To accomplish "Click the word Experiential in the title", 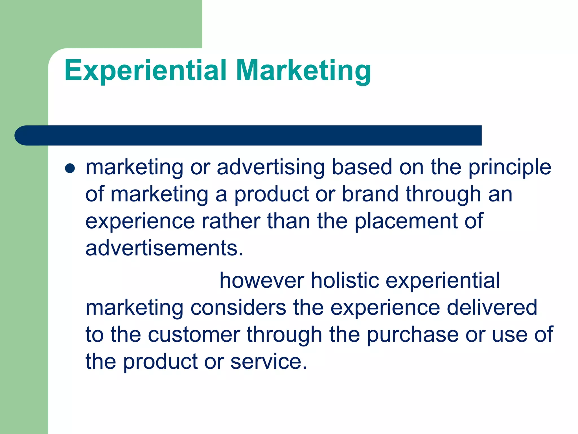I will [x=145, y=71].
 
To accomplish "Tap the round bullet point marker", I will [x=70, y=168].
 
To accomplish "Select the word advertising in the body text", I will [x=271, y=167].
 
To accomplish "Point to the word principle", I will [x=510, y=167].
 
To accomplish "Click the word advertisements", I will [x=164, y=248].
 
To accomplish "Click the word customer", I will [x=194, y=335].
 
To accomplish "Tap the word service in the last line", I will [x=268, y=362].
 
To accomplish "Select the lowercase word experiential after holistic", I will [x=443, y=281].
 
